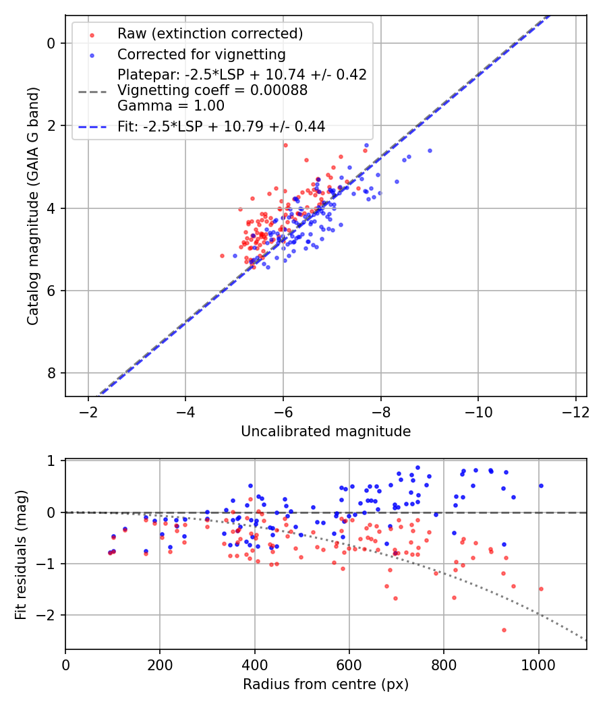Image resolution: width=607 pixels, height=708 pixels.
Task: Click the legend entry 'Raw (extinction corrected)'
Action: point(210,34)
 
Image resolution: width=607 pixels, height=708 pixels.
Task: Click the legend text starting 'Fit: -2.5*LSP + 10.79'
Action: point(221,126)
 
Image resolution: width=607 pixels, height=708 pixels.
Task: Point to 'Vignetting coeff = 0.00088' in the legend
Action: point(212,90)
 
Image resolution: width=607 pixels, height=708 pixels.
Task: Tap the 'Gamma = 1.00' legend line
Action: point(171,106)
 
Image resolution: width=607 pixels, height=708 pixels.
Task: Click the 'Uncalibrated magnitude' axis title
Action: point(326,432)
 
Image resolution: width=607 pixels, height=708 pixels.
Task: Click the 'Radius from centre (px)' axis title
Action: point(326,684)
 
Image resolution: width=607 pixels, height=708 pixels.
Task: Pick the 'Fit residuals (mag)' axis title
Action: point(21,553)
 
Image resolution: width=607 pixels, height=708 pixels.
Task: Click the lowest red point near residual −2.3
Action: point(504,630)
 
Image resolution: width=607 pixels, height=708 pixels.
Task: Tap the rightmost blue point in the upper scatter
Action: point(430,150)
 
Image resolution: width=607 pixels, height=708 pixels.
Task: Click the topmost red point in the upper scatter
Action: point(285,145)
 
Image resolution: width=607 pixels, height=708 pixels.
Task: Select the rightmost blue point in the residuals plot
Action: point(541,485)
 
